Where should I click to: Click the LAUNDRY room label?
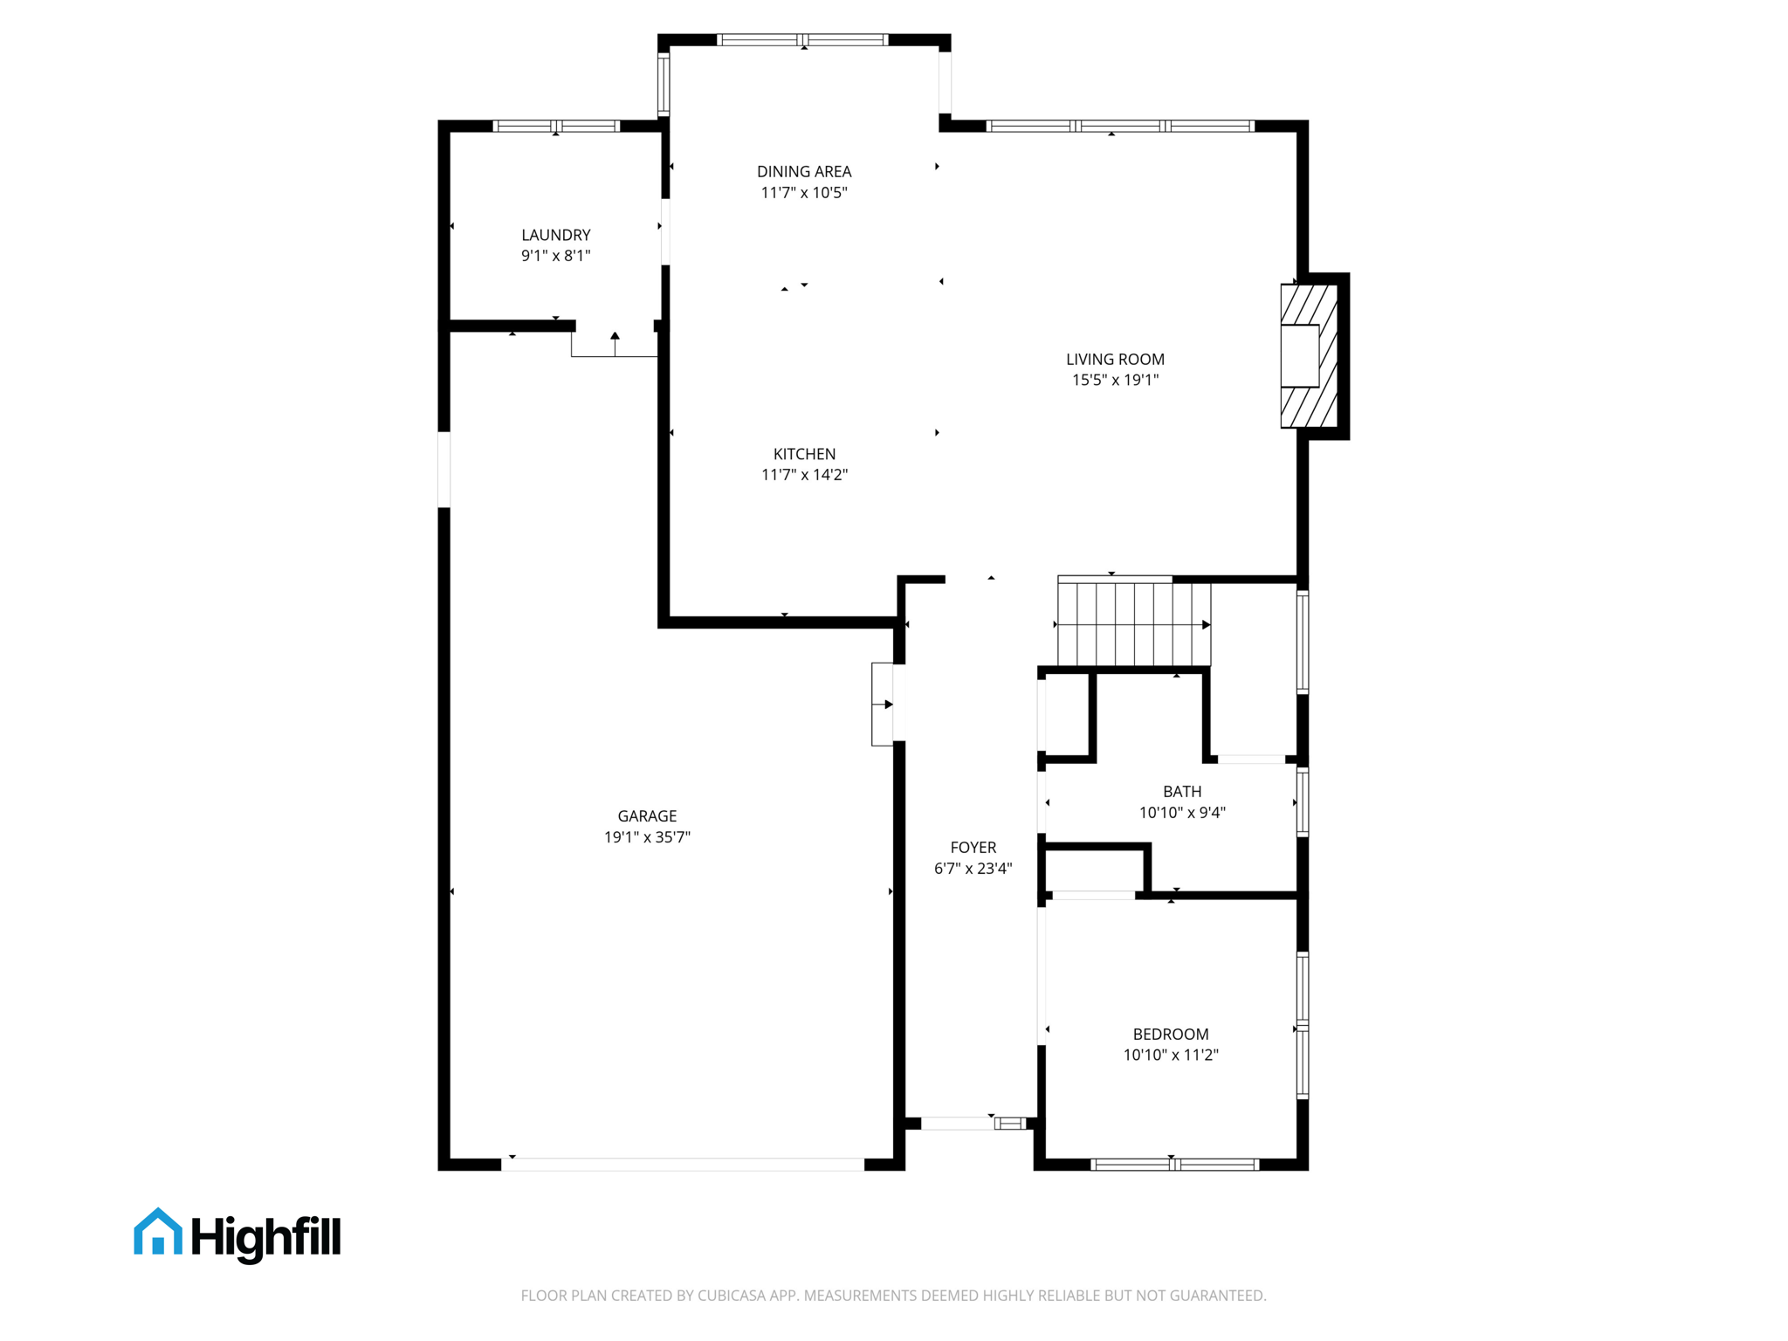(555, 235)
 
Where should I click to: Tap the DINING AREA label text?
(803, 172)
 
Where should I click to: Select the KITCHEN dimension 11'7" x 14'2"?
(804, 475)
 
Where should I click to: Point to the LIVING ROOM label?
(1115, 359)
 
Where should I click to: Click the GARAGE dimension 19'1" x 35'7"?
(647, 837)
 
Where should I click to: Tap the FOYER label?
(973, 848)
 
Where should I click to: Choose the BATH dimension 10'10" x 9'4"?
(1181, 813)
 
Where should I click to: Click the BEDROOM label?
(1170, 1034)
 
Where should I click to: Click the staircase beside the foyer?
(1133, 624)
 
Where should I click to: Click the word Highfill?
(265, 1237)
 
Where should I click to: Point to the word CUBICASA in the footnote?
(731, 1296)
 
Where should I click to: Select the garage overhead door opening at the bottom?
(682, 1165)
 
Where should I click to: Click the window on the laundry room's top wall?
(556, 127)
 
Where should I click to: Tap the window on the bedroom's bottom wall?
(1174, 1165)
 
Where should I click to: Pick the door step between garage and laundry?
(614, 344)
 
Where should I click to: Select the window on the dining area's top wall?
(802, 40)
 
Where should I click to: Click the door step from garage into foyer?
(883, 704)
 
